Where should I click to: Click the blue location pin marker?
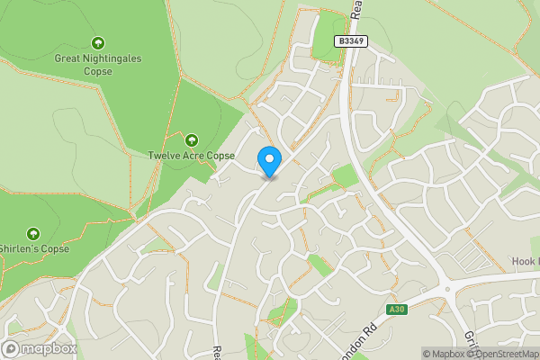(268, 161)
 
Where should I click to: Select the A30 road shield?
(396, 310)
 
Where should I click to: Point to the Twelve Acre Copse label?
(191, 156)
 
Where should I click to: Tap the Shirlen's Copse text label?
(34, 248)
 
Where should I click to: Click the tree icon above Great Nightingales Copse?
(98, 42)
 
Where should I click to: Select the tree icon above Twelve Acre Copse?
(191, 139)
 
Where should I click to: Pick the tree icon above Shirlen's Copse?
(33, 233)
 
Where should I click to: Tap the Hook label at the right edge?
(525, 261)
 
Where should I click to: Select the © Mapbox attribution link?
(443, 354)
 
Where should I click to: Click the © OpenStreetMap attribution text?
(502, 354)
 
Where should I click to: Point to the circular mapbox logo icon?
(11, 348)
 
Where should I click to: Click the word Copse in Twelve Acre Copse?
(220, 156)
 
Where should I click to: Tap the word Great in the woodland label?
(69, 58)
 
